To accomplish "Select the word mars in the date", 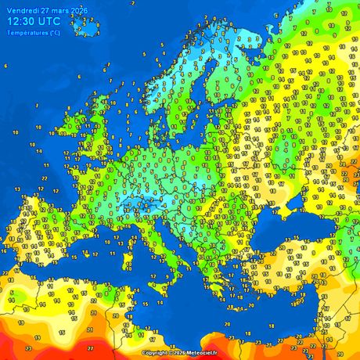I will (60, 11).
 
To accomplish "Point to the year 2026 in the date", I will (79, 11).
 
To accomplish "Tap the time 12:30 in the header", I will (23, 23).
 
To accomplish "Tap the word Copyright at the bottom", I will (156, 353).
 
